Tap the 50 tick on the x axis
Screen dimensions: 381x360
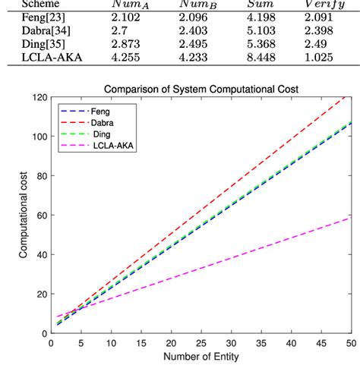click(x=351, y=344)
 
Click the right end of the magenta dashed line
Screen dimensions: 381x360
click(x=351, y=218)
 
